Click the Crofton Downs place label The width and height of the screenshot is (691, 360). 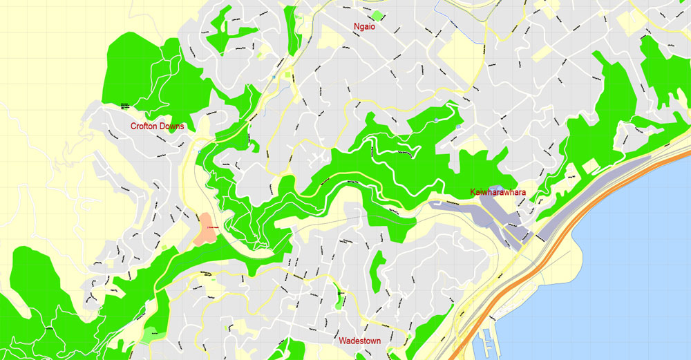[x=158, y=126]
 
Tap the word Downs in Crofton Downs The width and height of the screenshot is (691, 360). [x=173, y=126]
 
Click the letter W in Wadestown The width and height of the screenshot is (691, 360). [x=342, y=341]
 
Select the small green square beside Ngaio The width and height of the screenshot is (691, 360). [x=377, y=15]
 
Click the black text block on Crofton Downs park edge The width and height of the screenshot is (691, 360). [x=125, y=106]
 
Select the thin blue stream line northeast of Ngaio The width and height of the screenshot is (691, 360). [x=437, y=8]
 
